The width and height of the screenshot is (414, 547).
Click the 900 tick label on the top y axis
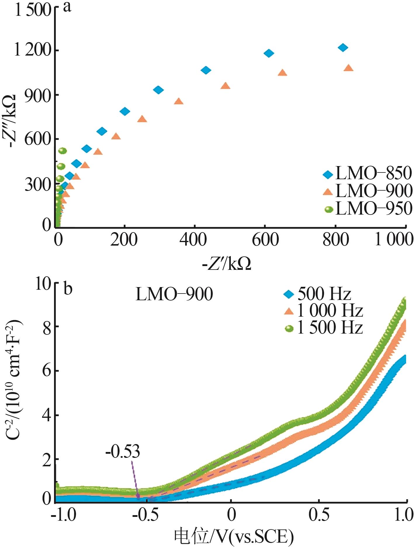tap(38, 95)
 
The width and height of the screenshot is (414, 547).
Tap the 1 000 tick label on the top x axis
tap(393, 240)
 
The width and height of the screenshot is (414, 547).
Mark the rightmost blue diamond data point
tap(343, 47)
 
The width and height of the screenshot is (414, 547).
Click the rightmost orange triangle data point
tap(348, 68)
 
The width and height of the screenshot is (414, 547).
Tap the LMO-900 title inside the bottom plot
tap(174, 294)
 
